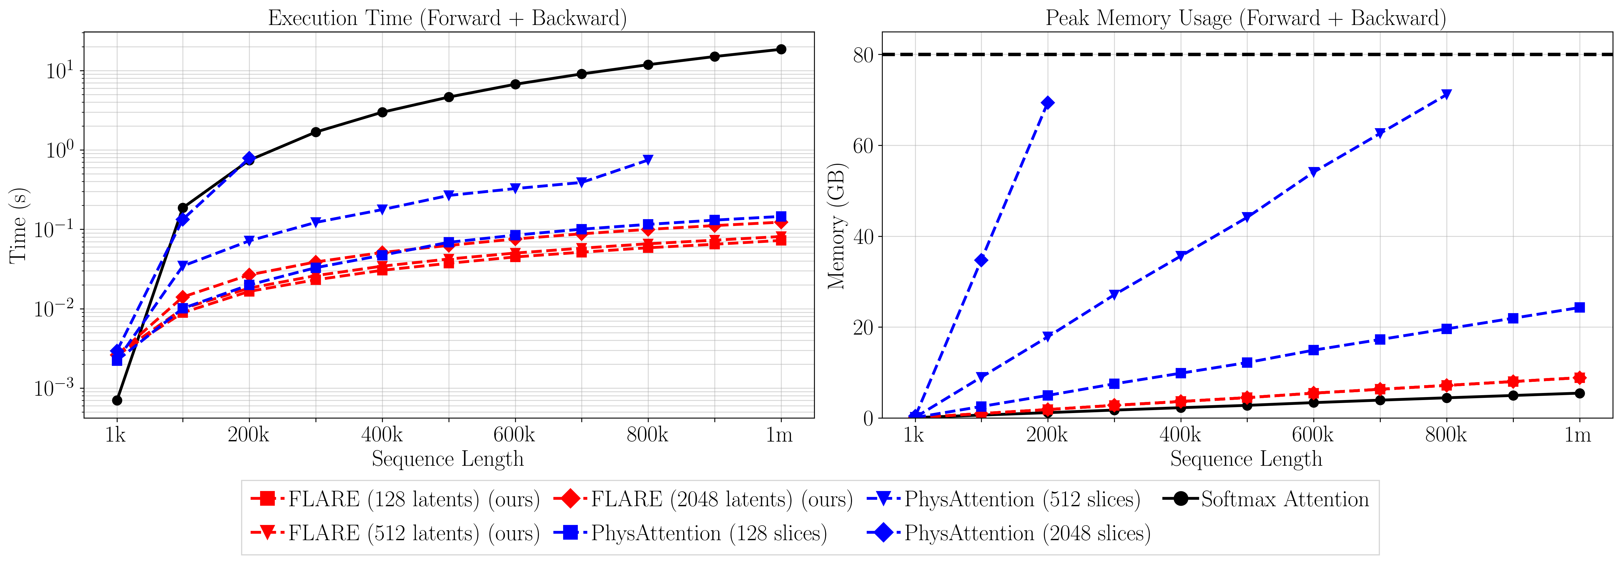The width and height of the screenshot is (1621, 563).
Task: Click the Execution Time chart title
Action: (x=447, y=18)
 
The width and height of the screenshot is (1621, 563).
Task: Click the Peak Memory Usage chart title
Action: (x=1245, y=18)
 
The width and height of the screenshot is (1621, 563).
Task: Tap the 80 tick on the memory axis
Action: (x=863, y=55)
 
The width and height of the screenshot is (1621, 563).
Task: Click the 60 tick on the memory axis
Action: (x=863, y=146)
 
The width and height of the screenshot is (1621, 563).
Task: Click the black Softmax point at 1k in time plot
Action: (x=117, y=401)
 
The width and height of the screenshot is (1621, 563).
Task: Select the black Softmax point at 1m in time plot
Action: (x=781, y=49)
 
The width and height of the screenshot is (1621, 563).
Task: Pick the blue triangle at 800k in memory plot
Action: (x=1446, y=95)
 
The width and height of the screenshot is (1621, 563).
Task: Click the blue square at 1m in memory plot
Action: (x=1579, y=307)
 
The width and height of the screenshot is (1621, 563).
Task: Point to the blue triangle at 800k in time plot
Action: (x=648, y=160)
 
